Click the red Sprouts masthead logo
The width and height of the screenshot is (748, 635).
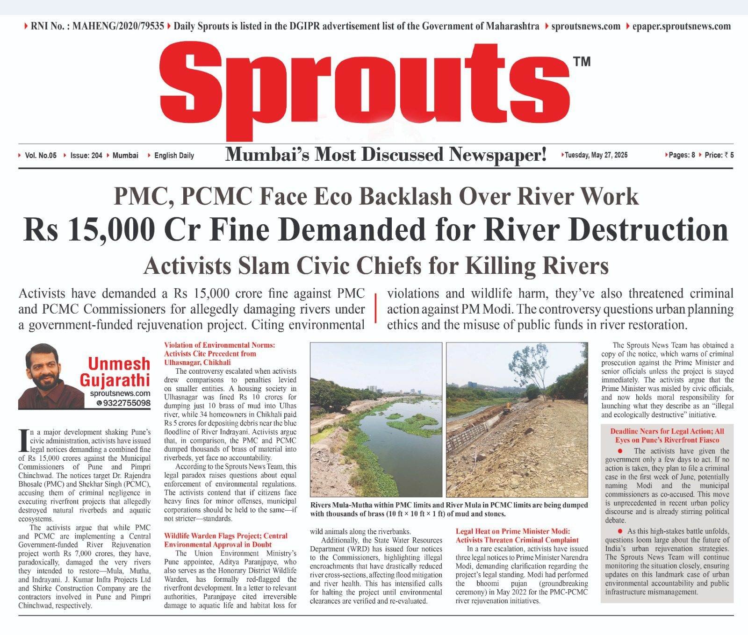(x=365, y=89)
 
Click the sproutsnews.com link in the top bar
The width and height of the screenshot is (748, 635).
(x=586, y=26)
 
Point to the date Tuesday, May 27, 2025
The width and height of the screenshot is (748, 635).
(x=596, y=155)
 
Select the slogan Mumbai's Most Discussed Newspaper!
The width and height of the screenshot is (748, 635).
(x=386, y=155)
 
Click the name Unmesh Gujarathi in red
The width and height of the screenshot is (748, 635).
(x=119, y=371)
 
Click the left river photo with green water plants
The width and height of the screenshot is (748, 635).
(x=376, y=419)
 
